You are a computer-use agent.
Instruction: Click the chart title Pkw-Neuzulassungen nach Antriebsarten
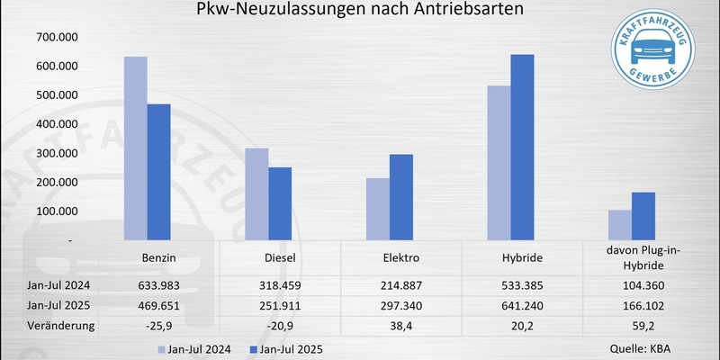(360, 12)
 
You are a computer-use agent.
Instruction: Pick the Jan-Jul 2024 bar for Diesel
(256, 194)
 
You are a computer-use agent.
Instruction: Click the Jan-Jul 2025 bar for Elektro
(401, 197)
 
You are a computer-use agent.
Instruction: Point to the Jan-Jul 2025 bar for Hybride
(522, 148)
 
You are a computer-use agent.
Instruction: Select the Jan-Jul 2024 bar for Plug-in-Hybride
(619, 225)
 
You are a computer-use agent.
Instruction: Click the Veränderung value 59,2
(643, 325)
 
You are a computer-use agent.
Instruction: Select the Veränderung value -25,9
(158, 325)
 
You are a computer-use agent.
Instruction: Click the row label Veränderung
(38, 325)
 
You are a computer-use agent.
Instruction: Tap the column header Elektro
(401, 257)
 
